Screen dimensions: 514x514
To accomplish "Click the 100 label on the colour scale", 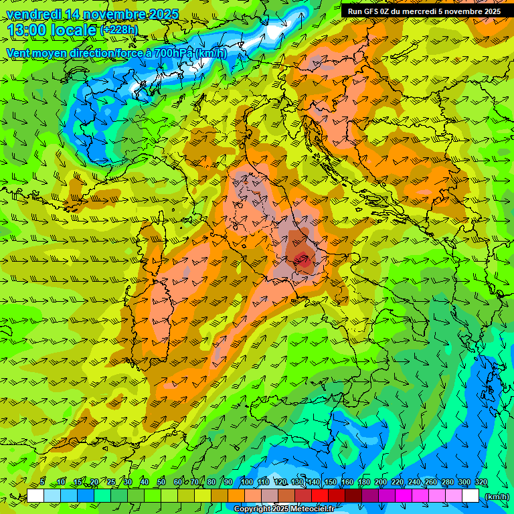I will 247,483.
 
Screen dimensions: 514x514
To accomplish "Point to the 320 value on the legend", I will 481,483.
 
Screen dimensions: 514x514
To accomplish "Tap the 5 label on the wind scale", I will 42,483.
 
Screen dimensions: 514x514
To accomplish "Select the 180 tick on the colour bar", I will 364,483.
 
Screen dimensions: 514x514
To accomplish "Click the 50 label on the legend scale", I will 161,483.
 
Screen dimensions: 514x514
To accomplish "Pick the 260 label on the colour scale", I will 431,483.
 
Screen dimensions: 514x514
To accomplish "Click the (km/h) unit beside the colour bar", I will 497,497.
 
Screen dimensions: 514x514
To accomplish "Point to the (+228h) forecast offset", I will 118,30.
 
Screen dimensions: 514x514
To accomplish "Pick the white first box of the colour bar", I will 35,496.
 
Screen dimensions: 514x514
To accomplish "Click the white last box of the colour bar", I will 470,496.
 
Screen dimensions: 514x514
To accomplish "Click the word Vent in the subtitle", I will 20,53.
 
